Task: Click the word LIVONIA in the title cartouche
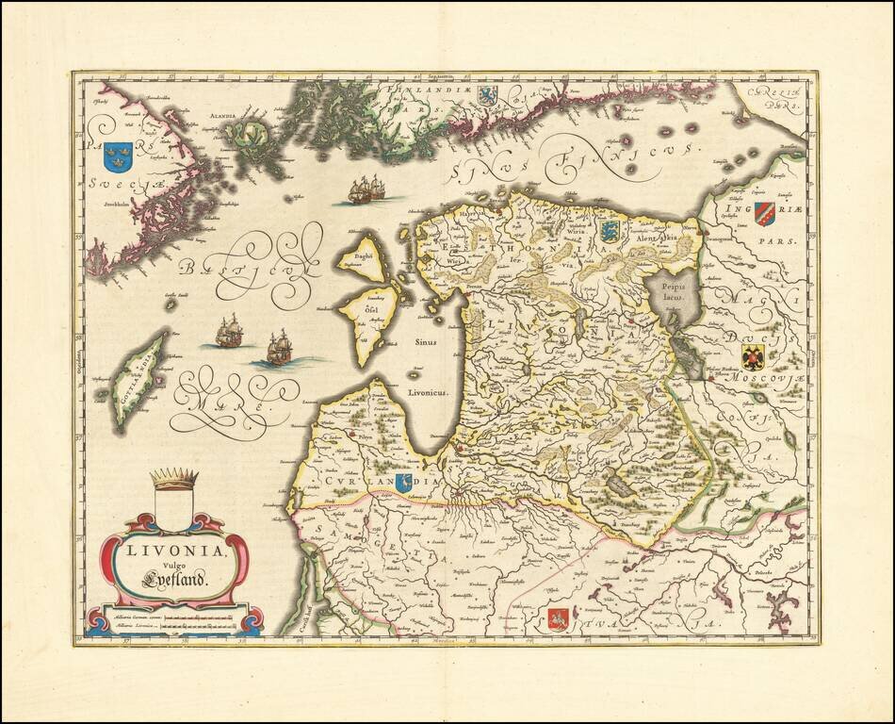tap(172, 549)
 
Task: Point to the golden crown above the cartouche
tap(175, 479)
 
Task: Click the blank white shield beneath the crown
tap(174, 508)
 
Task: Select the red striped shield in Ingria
tap(764, 214)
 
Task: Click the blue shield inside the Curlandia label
tap(404, 483)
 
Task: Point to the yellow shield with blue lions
tap(609, 231)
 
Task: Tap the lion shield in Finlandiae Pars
tap(487, 95)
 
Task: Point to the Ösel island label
tap(358, 306)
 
